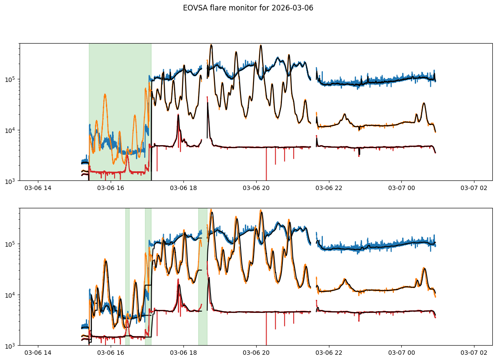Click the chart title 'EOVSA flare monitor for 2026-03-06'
coord(248,8)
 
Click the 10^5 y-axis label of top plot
coord(10,79)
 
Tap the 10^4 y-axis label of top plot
coord(10,130)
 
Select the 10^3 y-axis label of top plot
coord(10,180)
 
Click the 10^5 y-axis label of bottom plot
coord(10,244)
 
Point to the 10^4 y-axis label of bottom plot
coord(10,295)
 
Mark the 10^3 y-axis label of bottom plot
coord(10,345)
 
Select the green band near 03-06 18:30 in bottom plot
coord(203,262)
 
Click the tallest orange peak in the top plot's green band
coord(105,95)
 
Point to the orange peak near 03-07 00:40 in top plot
coord(424,103)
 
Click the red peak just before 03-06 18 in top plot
coord(178,115)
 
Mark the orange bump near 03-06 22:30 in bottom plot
coord(345,279)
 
